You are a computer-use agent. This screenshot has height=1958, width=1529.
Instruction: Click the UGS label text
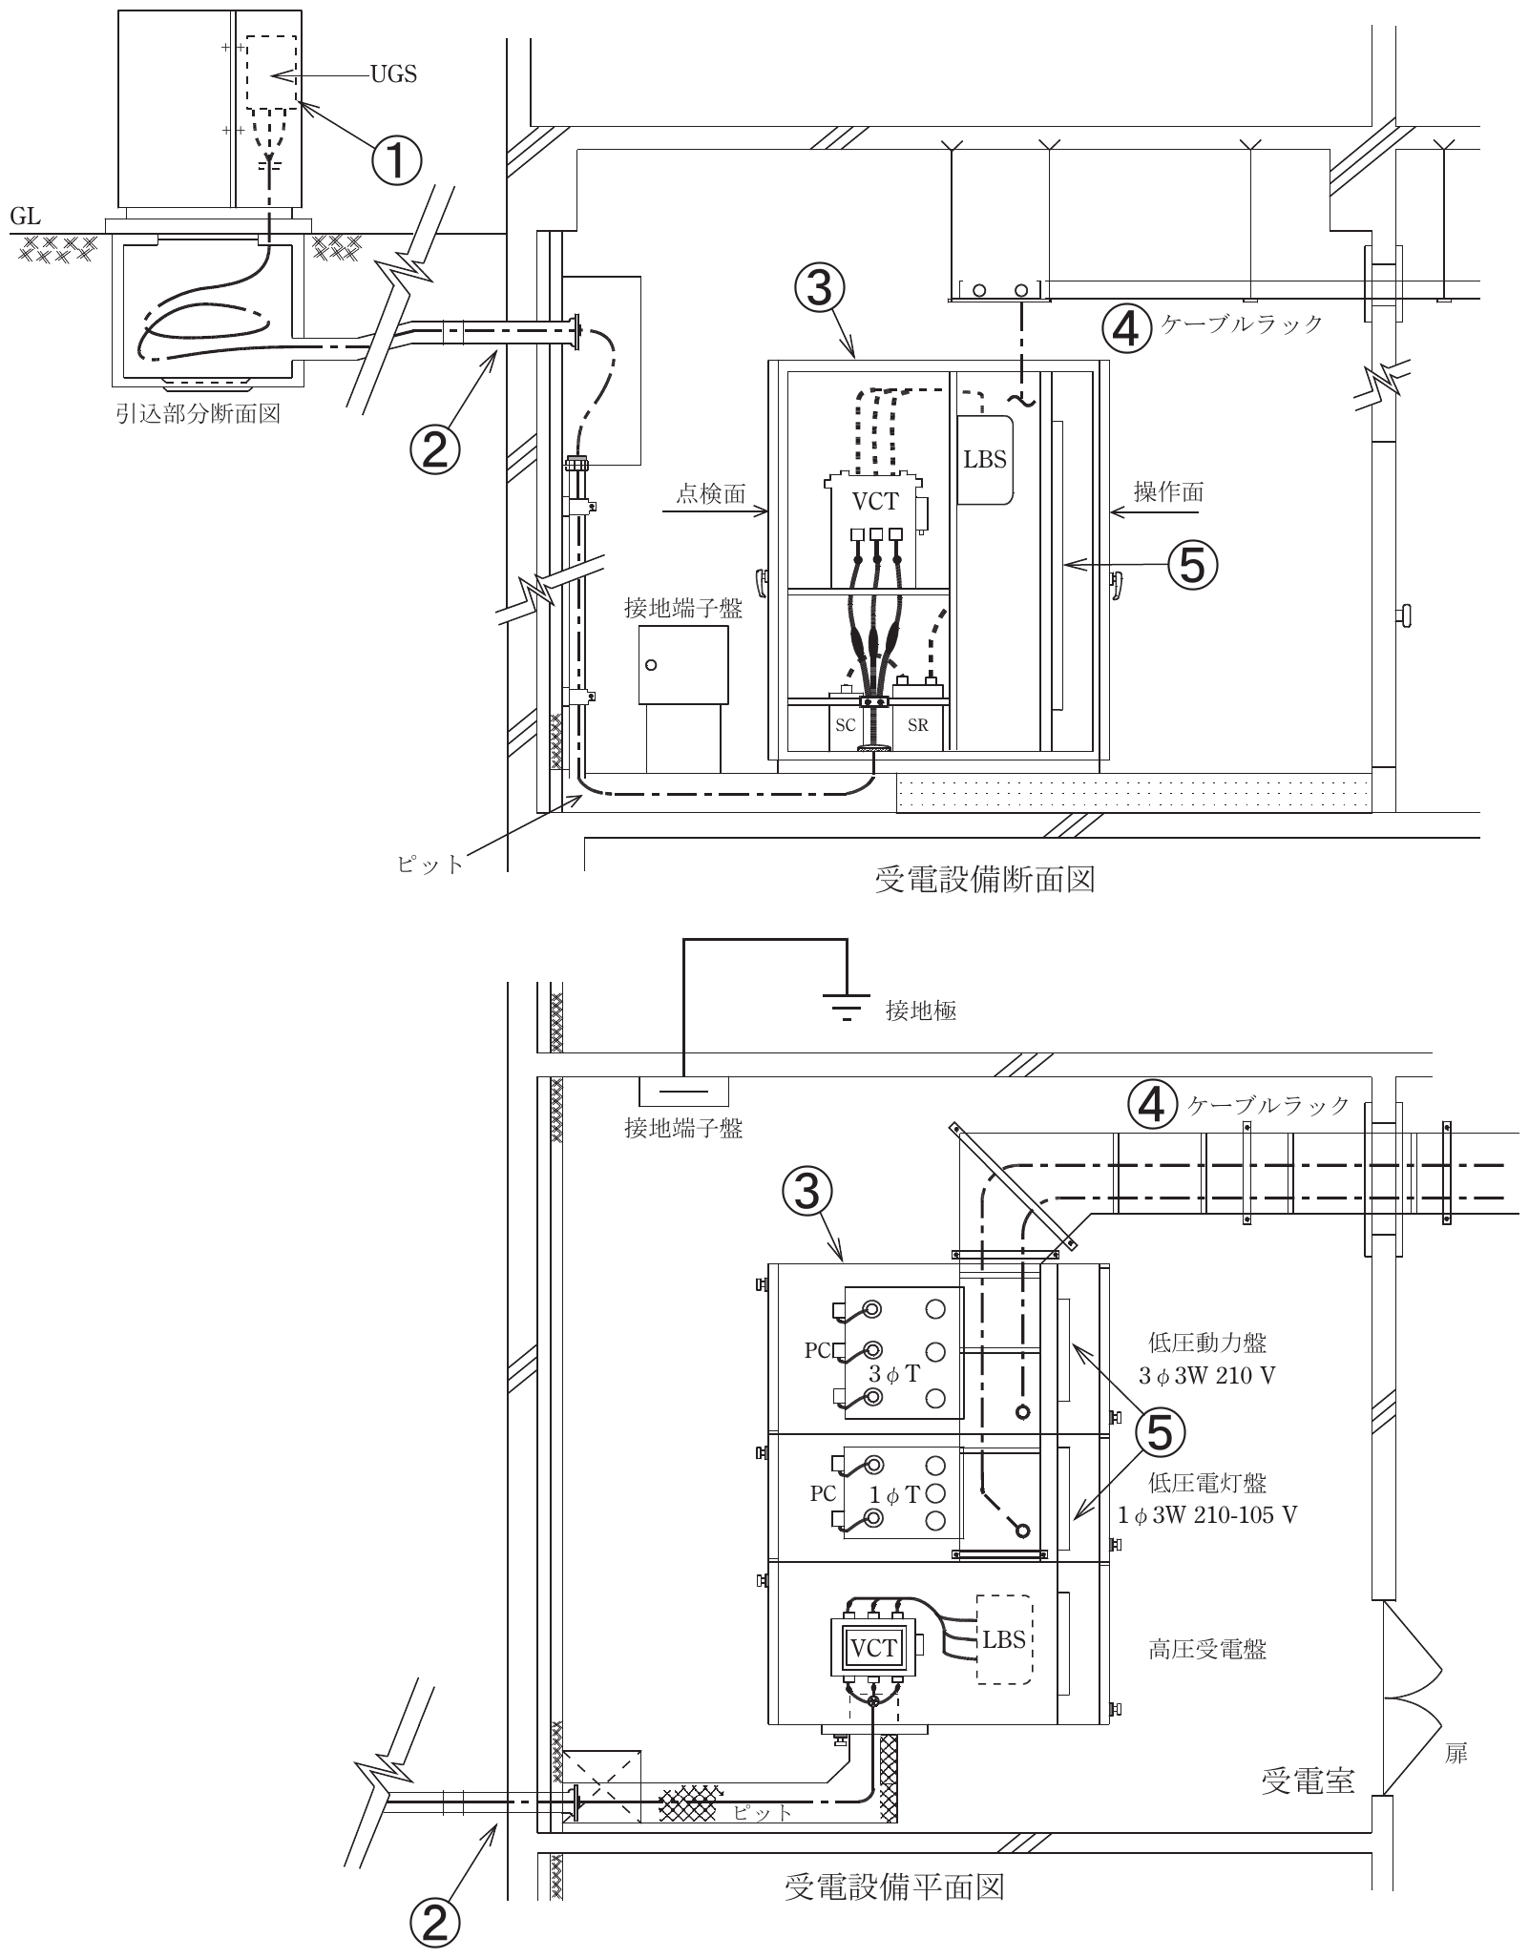(394, 74)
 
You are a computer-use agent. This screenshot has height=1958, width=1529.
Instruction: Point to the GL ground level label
(25, 218)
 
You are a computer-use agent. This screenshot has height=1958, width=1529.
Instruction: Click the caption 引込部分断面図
(199, 414)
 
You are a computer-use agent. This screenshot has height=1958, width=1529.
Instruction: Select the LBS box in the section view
(985, 459)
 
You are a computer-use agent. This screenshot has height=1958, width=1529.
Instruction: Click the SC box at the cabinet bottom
(846, 725)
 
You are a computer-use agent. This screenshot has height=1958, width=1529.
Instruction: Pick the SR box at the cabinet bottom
(918, 725)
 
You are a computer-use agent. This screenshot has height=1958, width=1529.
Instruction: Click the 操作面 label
(1168, 491)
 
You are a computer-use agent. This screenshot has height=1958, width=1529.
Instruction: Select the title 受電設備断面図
(984, 879)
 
